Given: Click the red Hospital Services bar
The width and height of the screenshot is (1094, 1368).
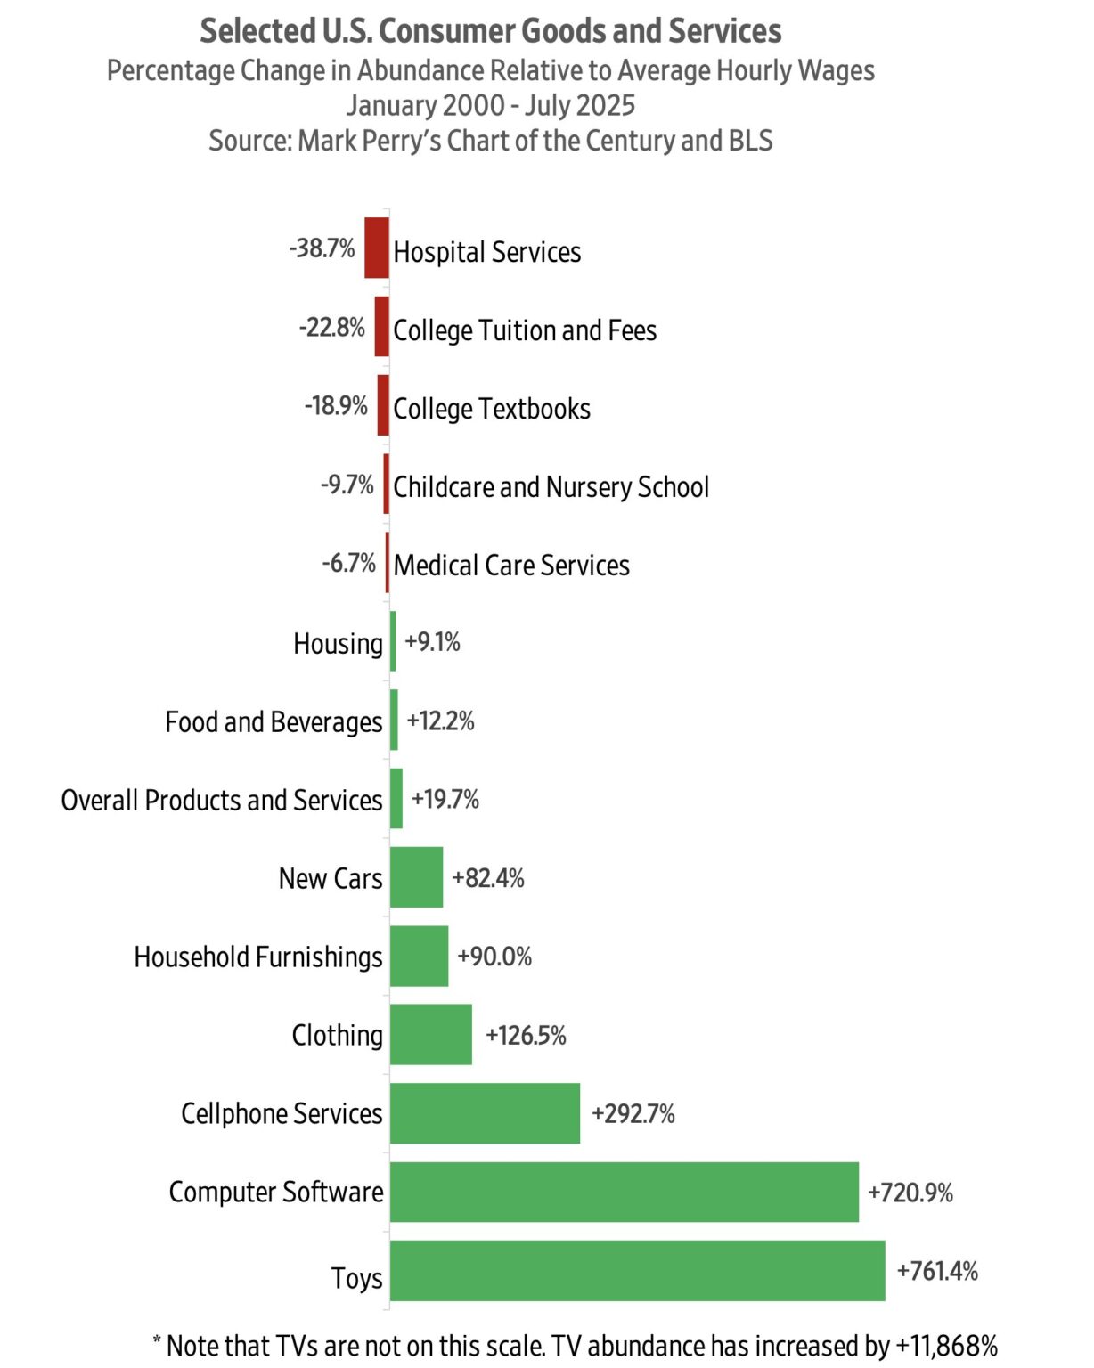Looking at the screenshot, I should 377,248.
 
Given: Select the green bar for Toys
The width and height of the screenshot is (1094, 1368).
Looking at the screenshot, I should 637,1271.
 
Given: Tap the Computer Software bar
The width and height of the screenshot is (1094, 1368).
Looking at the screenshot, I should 624,1193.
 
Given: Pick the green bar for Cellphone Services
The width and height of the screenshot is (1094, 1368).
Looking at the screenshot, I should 485,1113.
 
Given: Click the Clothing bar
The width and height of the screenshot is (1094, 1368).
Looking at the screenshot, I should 430,1035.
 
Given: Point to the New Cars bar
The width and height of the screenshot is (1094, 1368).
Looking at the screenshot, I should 416,877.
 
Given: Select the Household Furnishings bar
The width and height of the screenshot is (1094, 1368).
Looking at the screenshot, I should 419,957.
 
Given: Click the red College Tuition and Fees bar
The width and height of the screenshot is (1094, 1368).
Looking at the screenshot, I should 382,327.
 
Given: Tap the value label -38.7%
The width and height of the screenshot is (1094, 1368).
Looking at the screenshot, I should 322,248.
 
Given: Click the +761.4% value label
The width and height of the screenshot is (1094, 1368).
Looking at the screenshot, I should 937,1271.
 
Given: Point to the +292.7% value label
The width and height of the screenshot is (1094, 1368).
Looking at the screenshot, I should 633,1114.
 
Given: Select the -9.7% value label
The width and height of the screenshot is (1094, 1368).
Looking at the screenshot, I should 347,484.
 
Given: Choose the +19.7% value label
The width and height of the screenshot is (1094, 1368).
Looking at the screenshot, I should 445,799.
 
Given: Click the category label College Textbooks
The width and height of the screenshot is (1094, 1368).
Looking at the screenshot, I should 492,409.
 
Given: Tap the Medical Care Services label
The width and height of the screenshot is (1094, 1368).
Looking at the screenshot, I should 511,566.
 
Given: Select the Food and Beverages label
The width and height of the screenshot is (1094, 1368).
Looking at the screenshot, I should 273,722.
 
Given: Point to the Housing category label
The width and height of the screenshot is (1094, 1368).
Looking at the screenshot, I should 338,643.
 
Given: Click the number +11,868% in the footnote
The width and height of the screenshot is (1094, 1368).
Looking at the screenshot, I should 946,1346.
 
